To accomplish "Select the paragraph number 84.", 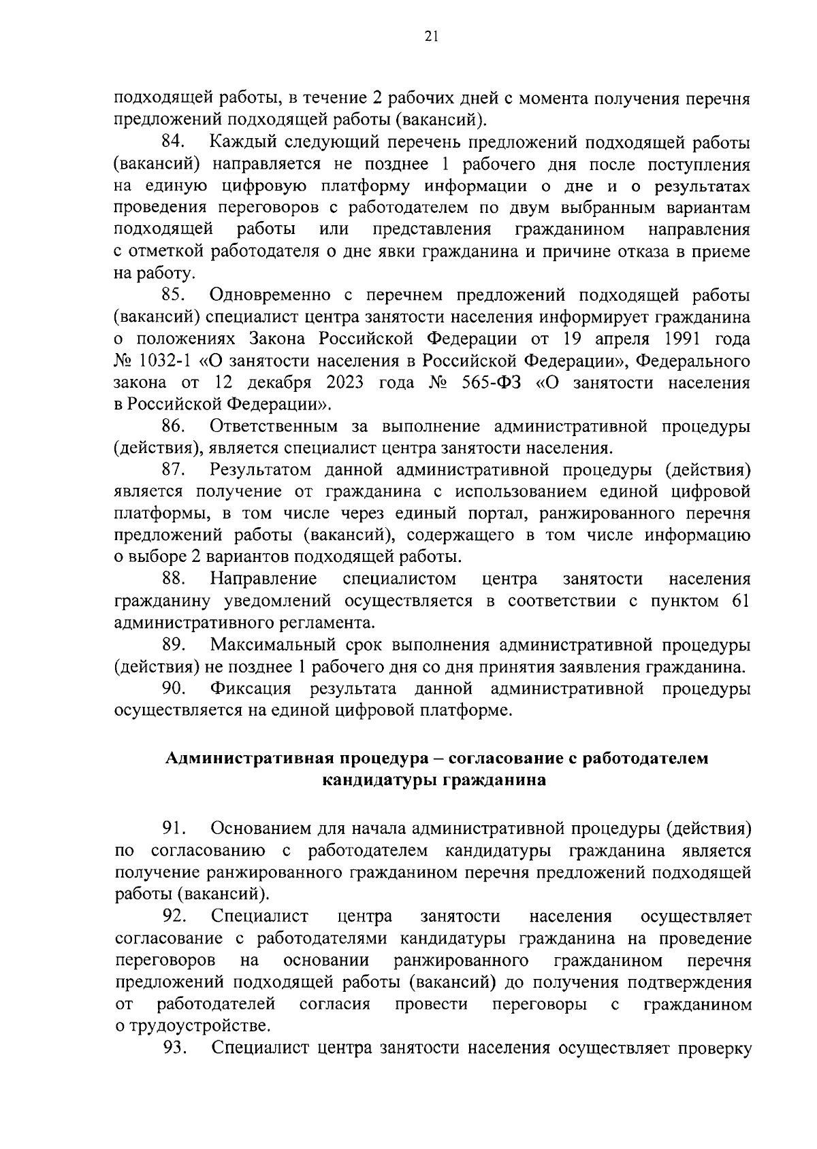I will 174,143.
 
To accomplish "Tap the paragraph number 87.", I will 174,469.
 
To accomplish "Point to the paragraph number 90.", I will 174,688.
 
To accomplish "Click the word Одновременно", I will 272,295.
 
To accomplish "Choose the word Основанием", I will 260,829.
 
